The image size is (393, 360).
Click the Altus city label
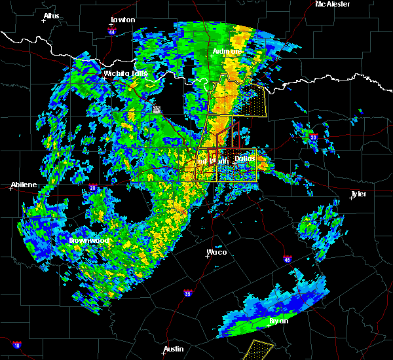point(51,16)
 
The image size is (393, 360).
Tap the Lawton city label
point(122,20)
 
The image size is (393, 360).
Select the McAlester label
point(333,4)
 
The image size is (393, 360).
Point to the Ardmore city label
point(227,51)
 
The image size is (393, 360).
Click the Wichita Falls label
point(125,73)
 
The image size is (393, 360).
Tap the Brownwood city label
point(90,240)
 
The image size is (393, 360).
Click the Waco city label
point(217,251)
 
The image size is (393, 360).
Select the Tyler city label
point(358,194)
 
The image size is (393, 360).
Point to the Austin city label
point(174,349)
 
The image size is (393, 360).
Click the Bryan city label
point(278,321)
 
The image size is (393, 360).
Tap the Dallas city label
point(245,158)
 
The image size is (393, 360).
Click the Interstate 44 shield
point(113,31)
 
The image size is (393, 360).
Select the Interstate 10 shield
point(16,345)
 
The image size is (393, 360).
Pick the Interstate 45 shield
point(287,261)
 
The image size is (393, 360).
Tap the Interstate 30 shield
point(313,137)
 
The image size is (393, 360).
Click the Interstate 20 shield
point(92,188)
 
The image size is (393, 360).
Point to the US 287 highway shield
point(157,110)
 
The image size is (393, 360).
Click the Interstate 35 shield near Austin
point(188,293)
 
